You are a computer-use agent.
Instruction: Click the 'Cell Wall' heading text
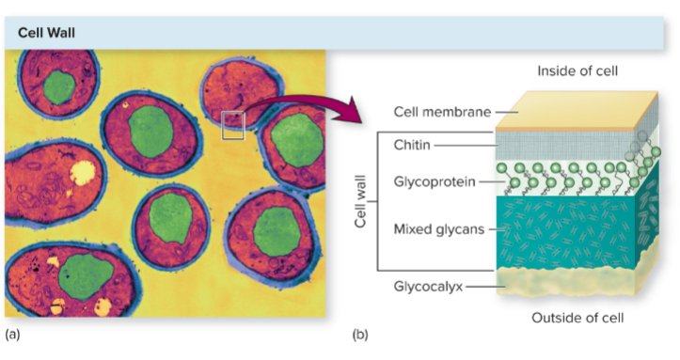click(x=46, y=32)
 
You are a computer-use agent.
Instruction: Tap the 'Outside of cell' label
click(x=577, y=317)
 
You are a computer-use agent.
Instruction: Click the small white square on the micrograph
click(x=232, y=125)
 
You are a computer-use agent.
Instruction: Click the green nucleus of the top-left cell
click(x=60, y=88)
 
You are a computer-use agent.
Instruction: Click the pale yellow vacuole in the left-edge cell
click(x=83, y=172)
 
